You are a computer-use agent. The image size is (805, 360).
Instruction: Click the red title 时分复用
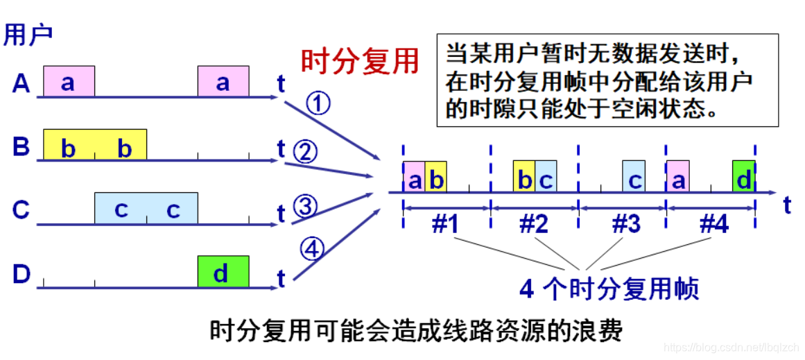pos(360,62)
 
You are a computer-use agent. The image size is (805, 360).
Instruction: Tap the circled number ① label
pos(318,105)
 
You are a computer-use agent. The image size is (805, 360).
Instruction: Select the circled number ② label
pos(305,151)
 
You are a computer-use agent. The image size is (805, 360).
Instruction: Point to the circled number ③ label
pos(305,206)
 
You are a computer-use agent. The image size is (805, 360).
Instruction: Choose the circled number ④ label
pos(312,248)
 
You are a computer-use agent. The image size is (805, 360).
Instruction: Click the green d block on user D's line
pos(223,272)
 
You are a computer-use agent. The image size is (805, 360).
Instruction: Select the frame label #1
pos(446,223)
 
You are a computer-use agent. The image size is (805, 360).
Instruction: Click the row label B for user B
pos(21,147)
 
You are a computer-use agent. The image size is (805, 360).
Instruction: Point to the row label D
pos(21,274)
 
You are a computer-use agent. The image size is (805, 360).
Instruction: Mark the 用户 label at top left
pos(28,35)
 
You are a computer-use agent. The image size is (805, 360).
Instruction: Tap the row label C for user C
pos(21,210)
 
